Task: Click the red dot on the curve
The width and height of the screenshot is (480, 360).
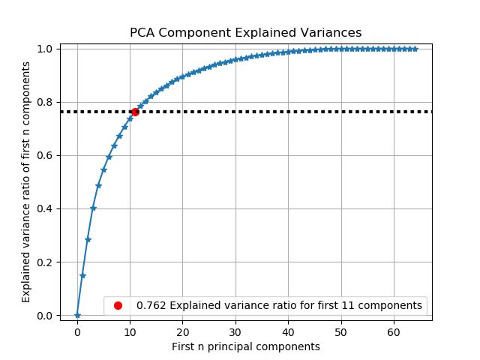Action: coord(135,112)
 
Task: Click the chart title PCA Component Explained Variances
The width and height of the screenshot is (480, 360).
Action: coord(245,33)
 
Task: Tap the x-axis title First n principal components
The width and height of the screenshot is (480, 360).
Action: coord(245,346)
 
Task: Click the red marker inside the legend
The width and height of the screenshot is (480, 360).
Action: coord(118,305)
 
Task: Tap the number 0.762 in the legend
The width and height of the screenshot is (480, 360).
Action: coord(150,305)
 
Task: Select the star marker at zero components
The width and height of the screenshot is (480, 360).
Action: coord(77,315)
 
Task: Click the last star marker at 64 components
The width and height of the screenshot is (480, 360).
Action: coord(415,49)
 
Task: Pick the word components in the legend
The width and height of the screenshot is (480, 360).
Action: coord(395,305)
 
